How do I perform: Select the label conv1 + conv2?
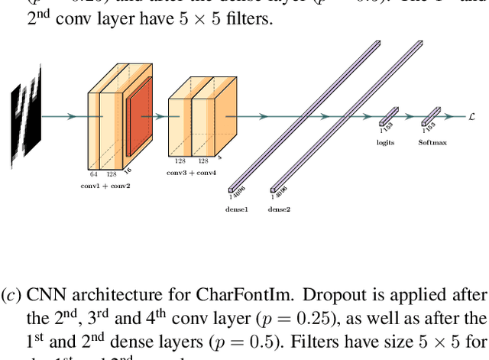[105, 186]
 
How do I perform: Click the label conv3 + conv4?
[191, 173]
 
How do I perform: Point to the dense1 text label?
[237, 209]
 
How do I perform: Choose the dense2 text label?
[280, 209]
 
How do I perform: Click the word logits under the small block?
[386, 143]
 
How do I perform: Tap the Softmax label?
[432, 143]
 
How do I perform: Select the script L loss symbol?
[471, 116]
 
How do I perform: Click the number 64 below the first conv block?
[94, 174]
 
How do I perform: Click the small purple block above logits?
[389, 117]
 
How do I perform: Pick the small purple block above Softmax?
[431, 117]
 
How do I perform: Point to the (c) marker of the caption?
[11, 295]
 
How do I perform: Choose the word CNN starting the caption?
[44, 295]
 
